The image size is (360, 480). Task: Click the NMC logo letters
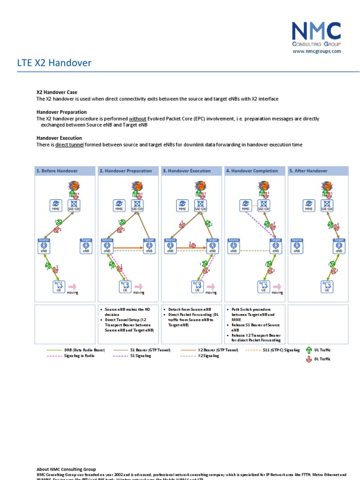click(316, 31)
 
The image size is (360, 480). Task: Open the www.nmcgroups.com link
click(317, 51)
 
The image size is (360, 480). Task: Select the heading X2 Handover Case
click(57, 92)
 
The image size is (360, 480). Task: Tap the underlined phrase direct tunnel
click(69, 145)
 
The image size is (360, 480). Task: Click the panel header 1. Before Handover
click(57, 171)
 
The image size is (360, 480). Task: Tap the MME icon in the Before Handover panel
click(56, 204)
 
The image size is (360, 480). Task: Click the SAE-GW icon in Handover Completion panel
click(263, 204)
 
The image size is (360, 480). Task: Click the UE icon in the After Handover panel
click(327, 286)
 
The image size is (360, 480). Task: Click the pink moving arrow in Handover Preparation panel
click(138, 286)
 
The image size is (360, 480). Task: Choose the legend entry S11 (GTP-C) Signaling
click(281, 350)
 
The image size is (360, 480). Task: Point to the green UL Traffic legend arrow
click(308, 350)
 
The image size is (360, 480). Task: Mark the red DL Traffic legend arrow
click(308, 359)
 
